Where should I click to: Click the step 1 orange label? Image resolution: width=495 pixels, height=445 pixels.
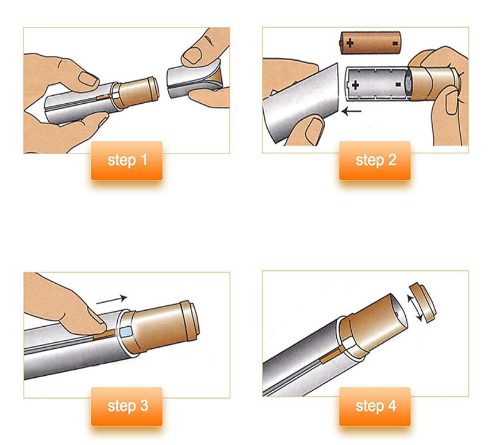127,161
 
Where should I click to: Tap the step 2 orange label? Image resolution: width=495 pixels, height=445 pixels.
375,161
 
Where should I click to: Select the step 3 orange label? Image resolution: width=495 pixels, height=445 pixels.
127,406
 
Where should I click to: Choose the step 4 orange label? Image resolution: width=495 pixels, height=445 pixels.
375,406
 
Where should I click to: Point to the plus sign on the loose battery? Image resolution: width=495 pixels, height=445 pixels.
350,42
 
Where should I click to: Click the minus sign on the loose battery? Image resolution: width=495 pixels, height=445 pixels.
394,43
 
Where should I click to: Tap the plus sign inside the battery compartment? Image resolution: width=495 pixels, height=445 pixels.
355,85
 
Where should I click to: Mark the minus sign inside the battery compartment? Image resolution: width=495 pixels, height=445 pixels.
398,84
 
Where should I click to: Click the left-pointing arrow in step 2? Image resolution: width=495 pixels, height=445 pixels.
351,111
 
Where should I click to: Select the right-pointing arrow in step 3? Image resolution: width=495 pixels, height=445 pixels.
112,300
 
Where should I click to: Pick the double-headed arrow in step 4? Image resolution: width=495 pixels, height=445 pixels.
414,308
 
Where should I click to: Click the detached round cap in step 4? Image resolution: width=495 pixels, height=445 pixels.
423,303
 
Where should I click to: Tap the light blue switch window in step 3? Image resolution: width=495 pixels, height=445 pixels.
125,332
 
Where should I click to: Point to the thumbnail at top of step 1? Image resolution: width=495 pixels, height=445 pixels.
192,55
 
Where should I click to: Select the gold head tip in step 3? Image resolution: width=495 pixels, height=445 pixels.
189,320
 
